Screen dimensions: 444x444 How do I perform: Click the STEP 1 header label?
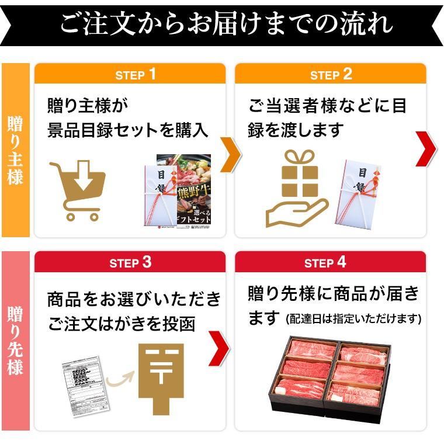tap(136, 75)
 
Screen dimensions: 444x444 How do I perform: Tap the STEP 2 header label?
tap(331, 75)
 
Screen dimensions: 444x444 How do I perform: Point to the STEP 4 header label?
tap(325, 262)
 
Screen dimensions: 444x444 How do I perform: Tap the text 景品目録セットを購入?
tap(127, 130)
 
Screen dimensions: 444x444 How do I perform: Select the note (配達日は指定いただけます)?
tap(353, 319)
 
